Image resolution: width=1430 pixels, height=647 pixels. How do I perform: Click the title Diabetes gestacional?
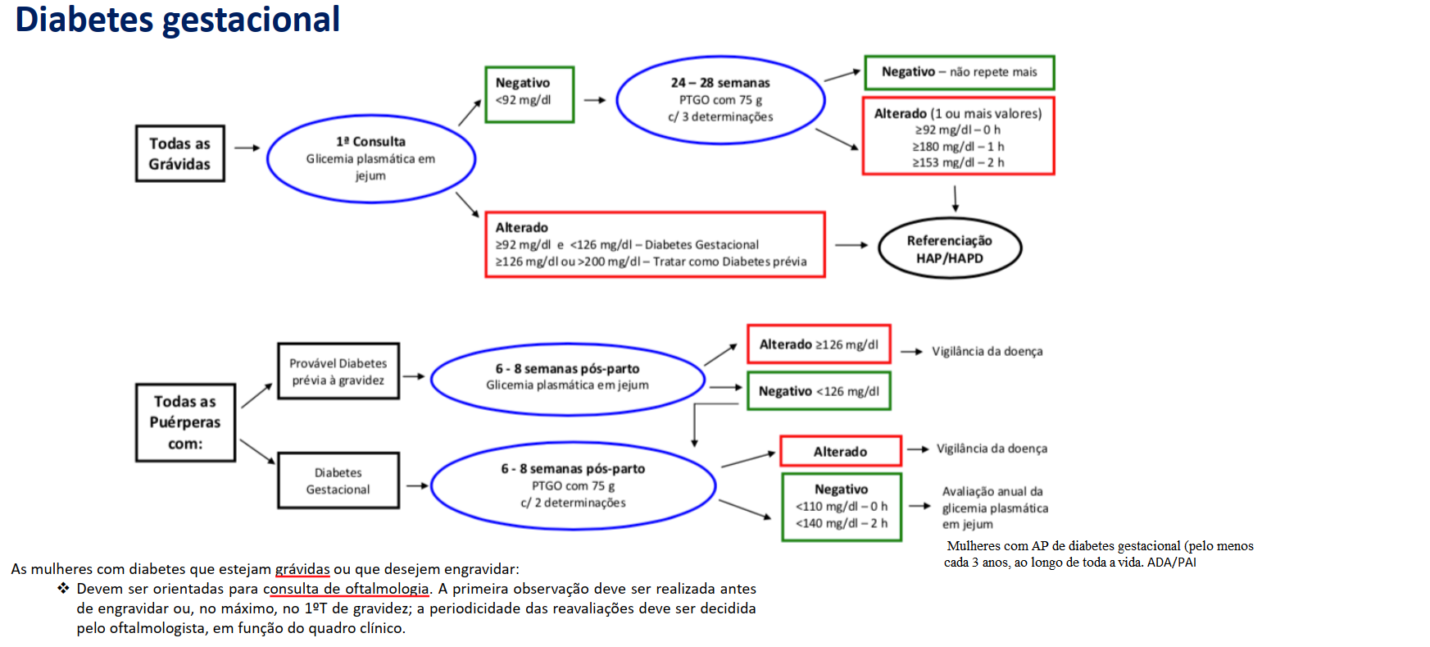178,19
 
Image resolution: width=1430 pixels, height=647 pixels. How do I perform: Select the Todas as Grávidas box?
180,153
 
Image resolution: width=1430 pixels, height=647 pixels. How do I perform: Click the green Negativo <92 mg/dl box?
529,94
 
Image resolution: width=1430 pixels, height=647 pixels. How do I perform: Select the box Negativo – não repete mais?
960,72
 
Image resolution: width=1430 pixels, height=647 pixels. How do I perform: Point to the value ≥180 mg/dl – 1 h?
958,146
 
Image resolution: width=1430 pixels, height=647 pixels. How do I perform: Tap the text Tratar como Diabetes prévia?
729,262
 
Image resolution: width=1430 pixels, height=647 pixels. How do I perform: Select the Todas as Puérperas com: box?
185,422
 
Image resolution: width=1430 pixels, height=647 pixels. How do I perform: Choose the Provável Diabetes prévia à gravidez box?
338,371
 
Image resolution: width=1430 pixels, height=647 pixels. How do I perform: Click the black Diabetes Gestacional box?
338,481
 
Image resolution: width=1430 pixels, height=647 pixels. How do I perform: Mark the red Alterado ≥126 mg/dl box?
819,344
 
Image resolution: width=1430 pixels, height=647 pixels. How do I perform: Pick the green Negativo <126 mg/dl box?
819,391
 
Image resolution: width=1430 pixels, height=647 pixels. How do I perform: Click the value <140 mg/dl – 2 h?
841,523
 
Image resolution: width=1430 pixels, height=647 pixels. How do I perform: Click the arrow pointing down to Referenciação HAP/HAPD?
956,198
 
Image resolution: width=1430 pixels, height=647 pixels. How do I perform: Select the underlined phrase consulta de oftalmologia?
346,589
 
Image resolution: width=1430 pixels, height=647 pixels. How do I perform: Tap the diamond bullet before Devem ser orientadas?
63,588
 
